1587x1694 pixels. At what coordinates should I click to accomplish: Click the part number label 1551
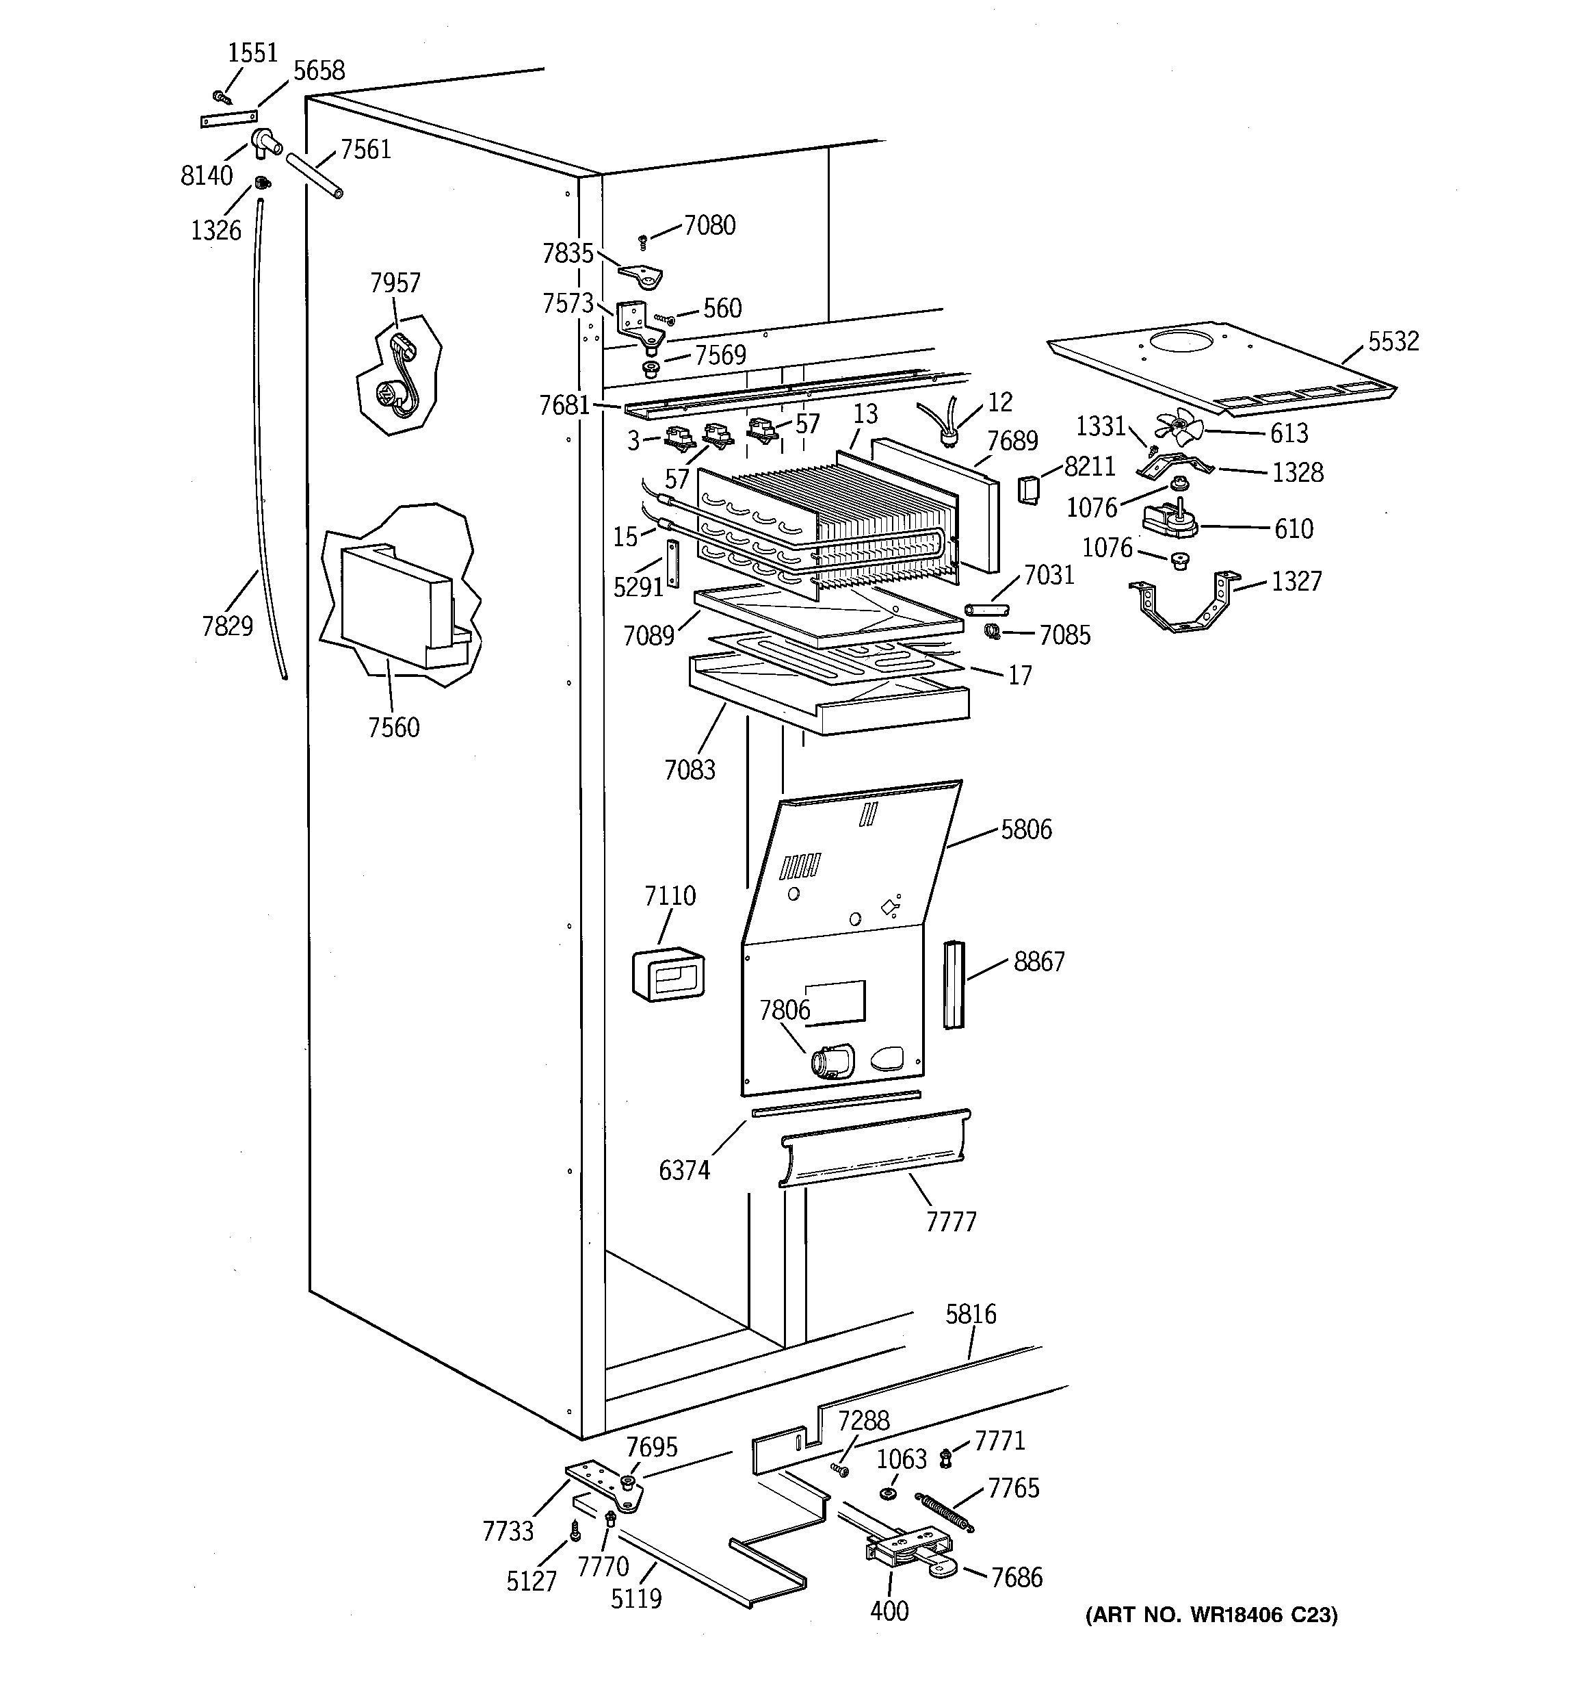pyautogui.click(x=253, y=53)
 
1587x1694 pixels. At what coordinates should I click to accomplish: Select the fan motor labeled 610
pyautogui.click(x=1169, y=519)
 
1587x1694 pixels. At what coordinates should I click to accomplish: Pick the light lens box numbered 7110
pyautogui.click(x=668, y=973)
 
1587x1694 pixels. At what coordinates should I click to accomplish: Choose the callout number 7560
pyautogui.click(x=393, y=727)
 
